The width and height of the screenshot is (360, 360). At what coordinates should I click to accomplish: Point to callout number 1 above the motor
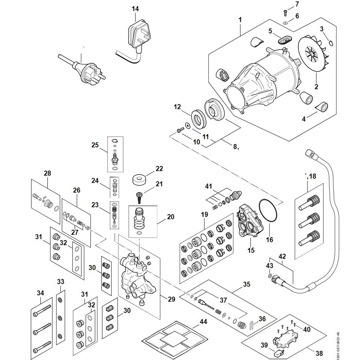[240, 19]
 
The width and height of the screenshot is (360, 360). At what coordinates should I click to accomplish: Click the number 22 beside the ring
[159, 168]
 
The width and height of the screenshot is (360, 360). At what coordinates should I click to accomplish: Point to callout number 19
[204, 215]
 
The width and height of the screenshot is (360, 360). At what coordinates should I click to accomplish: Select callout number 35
[246, 284]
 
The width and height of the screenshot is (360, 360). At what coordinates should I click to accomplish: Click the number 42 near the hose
[282, 257]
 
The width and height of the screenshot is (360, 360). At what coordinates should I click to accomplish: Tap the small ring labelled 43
[270, 276]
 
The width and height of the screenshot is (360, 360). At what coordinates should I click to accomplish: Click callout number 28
[48, 173]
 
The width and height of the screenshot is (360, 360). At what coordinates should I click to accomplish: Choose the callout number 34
[40, 293]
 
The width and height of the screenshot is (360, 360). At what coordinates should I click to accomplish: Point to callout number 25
[95, 145]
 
